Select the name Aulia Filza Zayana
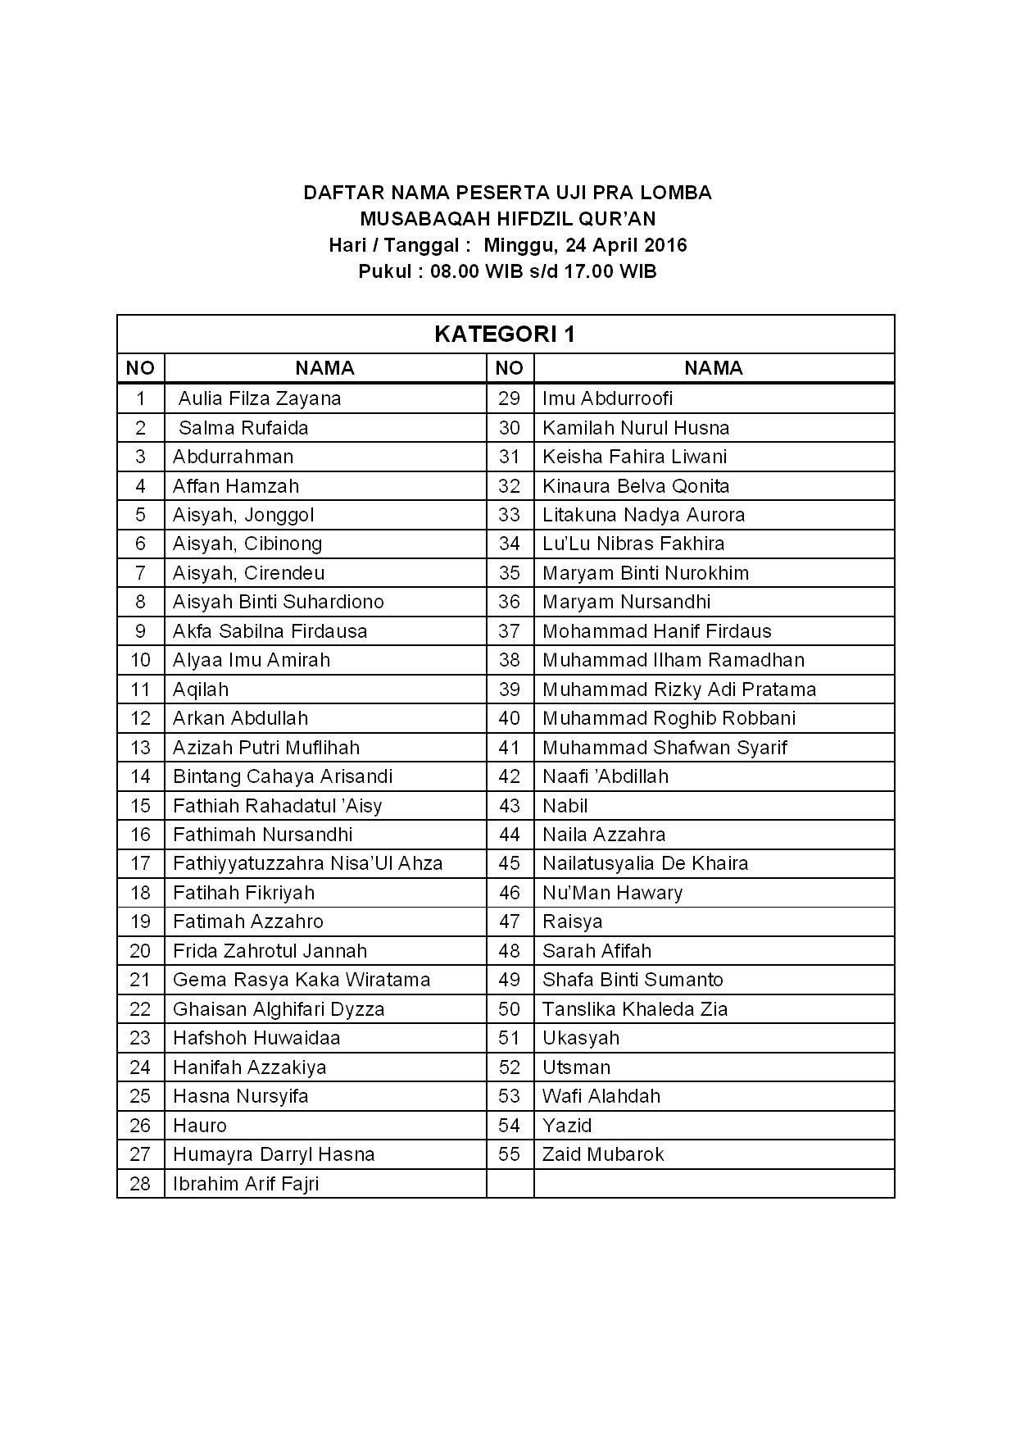259,398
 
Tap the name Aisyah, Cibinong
247,544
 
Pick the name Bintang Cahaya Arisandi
283,776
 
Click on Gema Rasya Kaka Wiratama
302,980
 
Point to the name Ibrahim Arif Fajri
246,1184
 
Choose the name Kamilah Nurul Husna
636,428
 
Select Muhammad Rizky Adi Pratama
679,689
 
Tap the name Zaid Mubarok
603,1154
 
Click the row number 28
140,1184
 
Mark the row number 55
509,1154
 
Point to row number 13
140,748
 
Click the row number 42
509,776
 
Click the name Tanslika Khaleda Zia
635,1009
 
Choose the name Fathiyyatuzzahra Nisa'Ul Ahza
307,863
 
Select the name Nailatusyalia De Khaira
645,863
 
